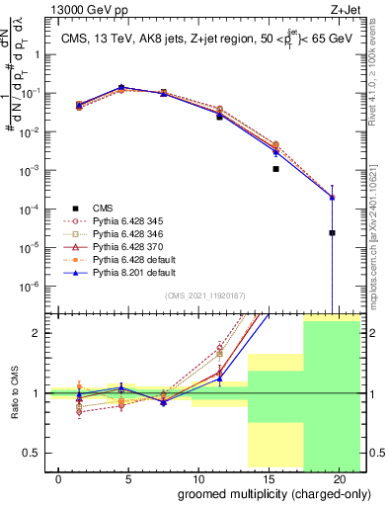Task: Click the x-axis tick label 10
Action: [x=197, y=479]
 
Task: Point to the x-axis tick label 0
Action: [x=59, y=479]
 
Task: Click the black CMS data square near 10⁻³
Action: [x=275, y=169]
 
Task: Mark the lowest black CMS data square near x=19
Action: [x=333, y=233]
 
